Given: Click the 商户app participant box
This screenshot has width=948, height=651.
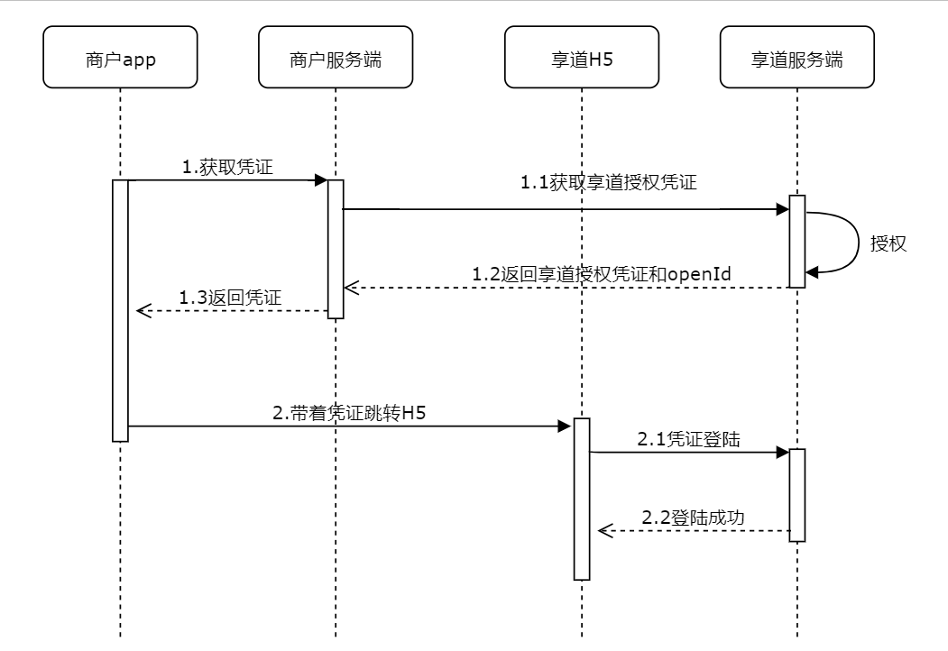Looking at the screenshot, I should pos(120,58).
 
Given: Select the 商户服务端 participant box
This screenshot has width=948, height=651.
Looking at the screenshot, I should pos(335,58).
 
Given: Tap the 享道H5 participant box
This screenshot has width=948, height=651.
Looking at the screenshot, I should pos(582,58).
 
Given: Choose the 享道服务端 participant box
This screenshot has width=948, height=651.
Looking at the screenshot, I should pos(796,58).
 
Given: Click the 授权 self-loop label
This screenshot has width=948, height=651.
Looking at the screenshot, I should pos(888,243).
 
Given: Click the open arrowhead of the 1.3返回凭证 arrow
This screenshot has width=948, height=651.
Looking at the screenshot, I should pos(142,311).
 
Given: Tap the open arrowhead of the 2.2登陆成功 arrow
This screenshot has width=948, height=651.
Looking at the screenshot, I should pos(604,531).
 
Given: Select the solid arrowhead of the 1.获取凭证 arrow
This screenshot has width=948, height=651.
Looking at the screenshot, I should pos(320,180).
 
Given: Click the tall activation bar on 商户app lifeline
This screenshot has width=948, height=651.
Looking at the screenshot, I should pos(120,310).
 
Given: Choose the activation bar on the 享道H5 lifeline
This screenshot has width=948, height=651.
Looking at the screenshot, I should pos(582,499).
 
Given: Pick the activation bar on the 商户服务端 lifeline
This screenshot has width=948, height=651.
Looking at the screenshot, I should pos(335,249).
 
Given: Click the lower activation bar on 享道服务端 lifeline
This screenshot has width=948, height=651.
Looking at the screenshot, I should pos(796,494).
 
